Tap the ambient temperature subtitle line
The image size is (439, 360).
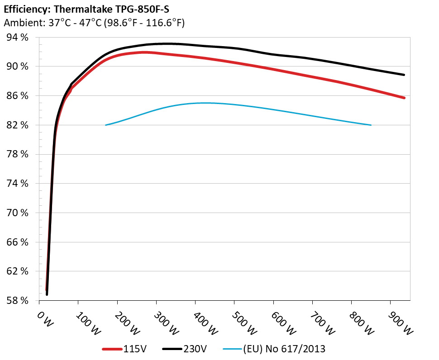coord(94,23)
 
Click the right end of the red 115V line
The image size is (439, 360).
coord(404,98)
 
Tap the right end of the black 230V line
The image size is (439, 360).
coord(404,75)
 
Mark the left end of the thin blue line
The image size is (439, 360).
coord(105,125)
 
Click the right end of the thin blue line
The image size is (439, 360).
coord(371,125)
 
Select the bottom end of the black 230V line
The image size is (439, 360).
coord(47,294)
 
